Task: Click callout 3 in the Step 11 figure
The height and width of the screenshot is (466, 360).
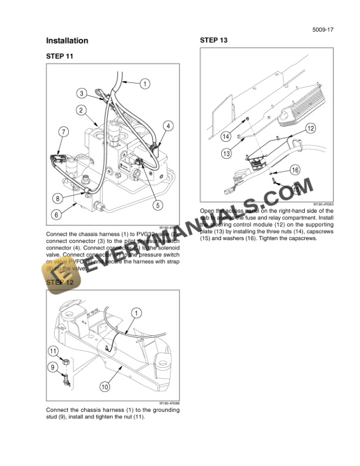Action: (x=83, y=92)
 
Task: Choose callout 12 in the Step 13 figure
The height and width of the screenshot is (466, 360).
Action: (x=310, y=128)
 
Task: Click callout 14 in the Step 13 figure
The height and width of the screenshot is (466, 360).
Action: (x=225, y=137)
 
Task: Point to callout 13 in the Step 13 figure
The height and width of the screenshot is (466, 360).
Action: (x=225, y=154)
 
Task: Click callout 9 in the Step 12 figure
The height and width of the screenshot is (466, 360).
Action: (x=52, y=367)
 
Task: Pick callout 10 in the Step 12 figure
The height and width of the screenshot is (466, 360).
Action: (x=104, y=387)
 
